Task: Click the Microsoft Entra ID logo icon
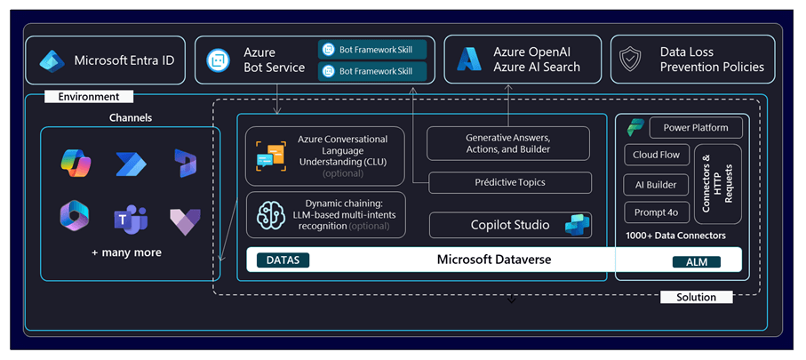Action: pyautogui.click(x=52, y=60)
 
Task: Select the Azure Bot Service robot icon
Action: pyautogui.click(x=217, y=60)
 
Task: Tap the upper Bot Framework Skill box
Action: pyautogui.click(x=372, y=50)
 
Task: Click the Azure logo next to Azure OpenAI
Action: pyautogui.click(x=469, y=60)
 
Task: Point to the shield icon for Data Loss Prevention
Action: pyautogui.click(x=630, y=60)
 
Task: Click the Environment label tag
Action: pyautogui.click(x=89, y=96)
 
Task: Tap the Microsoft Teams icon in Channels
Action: pyautogui.click(x=131, y=219)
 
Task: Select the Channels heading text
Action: pyautogui.click(x=131, y=117)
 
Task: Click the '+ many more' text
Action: pyautogui.click(x=126, y=252)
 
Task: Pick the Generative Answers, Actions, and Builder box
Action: pyautogui.click(x=508, y=143)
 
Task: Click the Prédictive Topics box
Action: pyautogui.click(x=510, y=182)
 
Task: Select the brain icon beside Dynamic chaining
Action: pyautogui.click(x=271, y=215)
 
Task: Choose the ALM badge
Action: pyautogui.click(x=697, y=261)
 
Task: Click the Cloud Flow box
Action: pyautogui.click(x=657, y=155)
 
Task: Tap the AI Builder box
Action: pyautogui.click(x=657, y=185)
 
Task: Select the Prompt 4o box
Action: pyautogui.click(x=657, y=212)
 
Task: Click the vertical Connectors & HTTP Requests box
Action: pyautogui.click(x=718, y=184)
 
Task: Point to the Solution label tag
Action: pyautogui.click(x=696, y=297)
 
